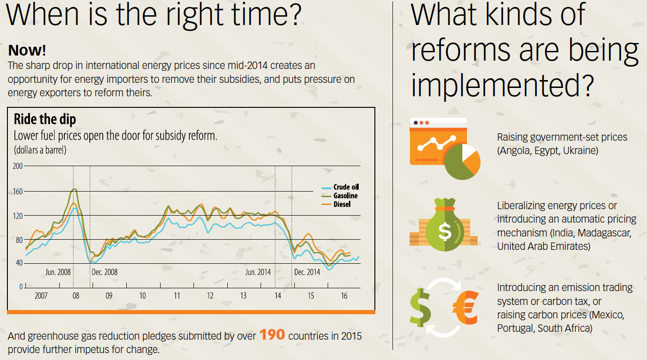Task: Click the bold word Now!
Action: pos(27,50)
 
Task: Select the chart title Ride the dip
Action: pos(44,119)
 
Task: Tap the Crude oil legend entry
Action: pos(346,187)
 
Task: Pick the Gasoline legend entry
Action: pos(345,196)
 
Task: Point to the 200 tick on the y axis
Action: pos(17,166)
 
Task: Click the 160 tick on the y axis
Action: pos(17,191)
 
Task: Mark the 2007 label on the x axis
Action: pos(41,296)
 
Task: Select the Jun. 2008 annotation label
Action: pos(58,272)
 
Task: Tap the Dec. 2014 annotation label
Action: pos(307,272)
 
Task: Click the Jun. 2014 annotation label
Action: pos(258,272)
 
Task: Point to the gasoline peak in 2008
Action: pos(75,189)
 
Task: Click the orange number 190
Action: pos(272,335)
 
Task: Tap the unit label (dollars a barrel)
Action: pos(40,150)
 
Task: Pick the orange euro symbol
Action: pos(465,307)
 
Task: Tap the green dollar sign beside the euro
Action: pos(420,307)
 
